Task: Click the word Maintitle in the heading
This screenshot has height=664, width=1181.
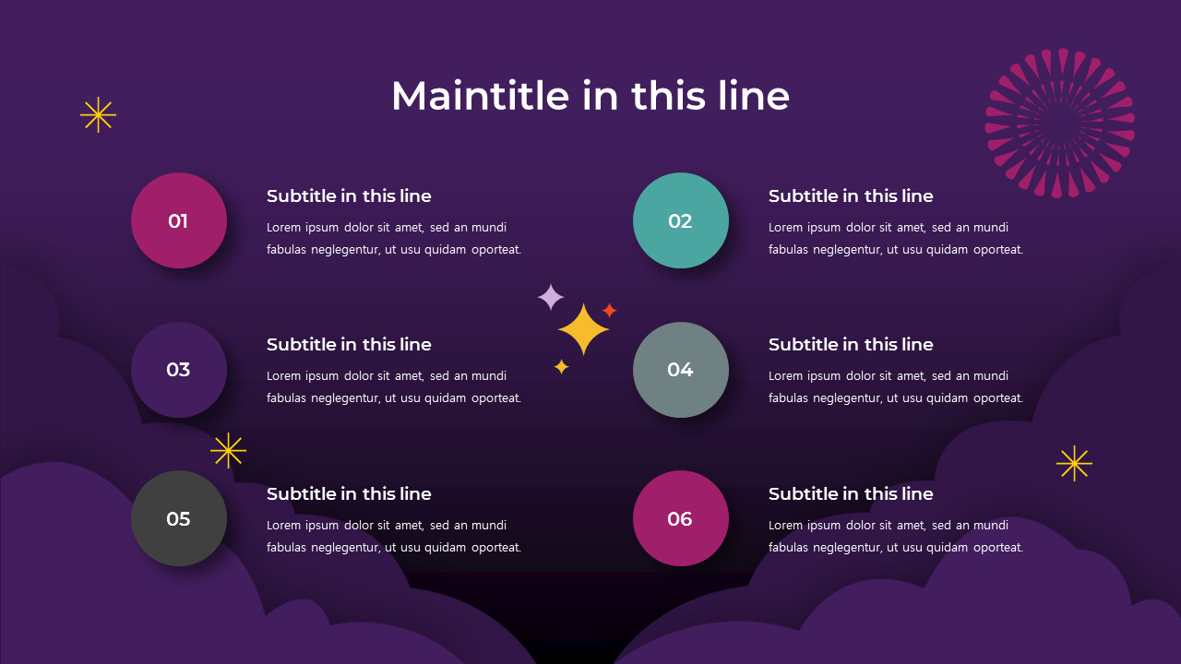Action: coord(481,96)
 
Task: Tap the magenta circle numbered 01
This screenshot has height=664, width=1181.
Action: coord(179,220)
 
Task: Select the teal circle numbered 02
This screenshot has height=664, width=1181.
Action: coord(681,220)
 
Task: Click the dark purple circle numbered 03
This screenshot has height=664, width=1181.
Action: coord(179,370)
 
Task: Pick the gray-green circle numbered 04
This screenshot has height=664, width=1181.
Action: coord(681,370)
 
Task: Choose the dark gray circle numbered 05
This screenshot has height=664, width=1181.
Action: coord(179,518)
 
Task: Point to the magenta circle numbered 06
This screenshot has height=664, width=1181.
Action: coord(681,518)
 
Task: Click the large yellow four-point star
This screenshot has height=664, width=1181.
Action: coord(583,329)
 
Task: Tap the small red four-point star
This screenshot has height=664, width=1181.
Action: coord(610,311)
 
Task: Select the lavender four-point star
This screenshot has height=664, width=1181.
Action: coord(551,297)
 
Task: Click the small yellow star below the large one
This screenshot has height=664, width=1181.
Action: coord(562,367)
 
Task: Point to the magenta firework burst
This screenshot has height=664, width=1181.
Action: coord(1060,124)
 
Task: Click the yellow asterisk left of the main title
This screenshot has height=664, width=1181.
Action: coord(98,115)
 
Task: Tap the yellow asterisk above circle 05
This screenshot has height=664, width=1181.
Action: coord(228,451)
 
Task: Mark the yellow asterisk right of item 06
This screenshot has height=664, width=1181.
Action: coord(1074,463)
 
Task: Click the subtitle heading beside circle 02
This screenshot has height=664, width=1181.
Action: coord(851,196)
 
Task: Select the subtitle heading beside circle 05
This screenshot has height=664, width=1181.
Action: coord(349,493)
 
